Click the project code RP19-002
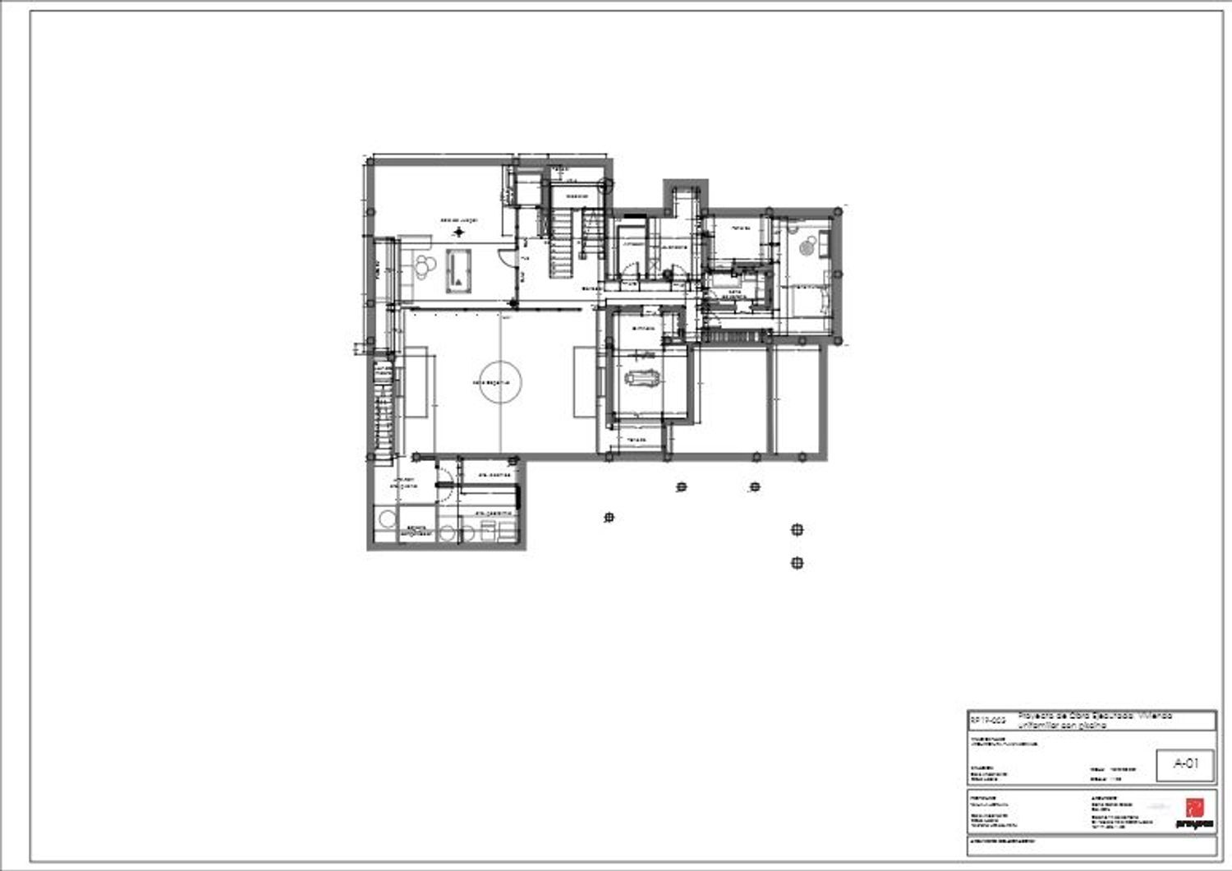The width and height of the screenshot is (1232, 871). coord(987,720)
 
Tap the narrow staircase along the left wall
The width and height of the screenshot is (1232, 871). coord(384,411)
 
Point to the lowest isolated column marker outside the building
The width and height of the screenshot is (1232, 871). coord(796,563)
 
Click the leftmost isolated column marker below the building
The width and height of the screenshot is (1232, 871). coord(609,517)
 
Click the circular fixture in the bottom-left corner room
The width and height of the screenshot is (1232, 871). coord(384,519)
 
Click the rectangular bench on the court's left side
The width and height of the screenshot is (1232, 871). coord(416,381)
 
